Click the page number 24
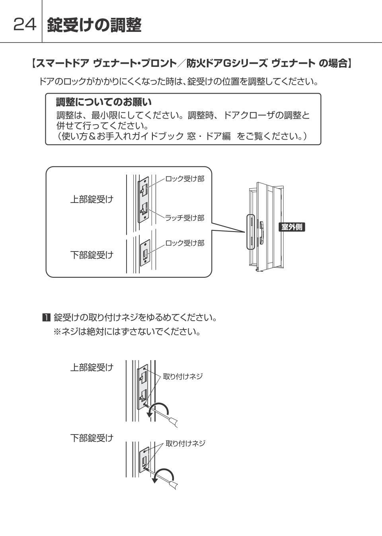tap(25, 24)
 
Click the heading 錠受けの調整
tap(94, 25)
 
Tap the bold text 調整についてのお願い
tap(103, 102)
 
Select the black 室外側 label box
tap(292, 227)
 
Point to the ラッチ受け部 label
tap(185, 218)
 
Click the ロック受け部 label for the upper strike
tap(185, 179)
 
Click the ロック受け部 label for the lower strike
tap(185, 243)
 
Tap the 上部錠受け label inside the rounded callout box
tap(92, 199)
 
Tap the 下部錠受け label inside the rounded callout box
tap(92, 255)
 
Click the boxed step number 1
tap(46, 318)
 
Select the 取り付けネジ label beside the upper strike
tap(183, 376)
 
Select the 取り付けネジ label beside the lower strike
tap(185, 443)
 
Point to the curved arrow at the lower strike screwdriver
tap(164, 470)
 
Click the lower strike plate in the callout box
tap(145, 253)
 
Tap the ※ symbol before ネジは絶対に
tap(57, 331)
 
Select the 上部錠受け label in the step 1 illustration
tap(92, 367)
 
